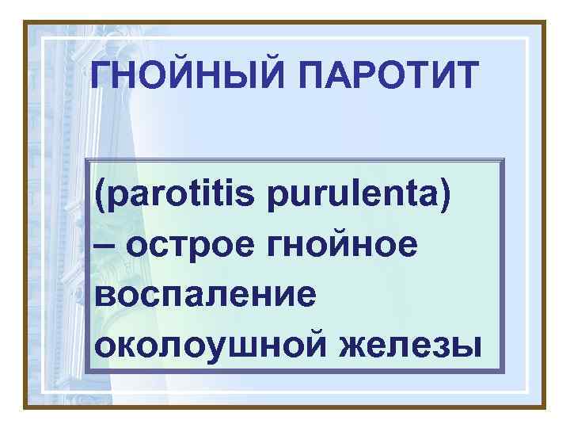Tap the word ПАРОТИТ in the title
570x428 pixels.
pos(387,77)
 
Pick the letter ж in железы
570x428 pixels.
pos(351,346)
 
